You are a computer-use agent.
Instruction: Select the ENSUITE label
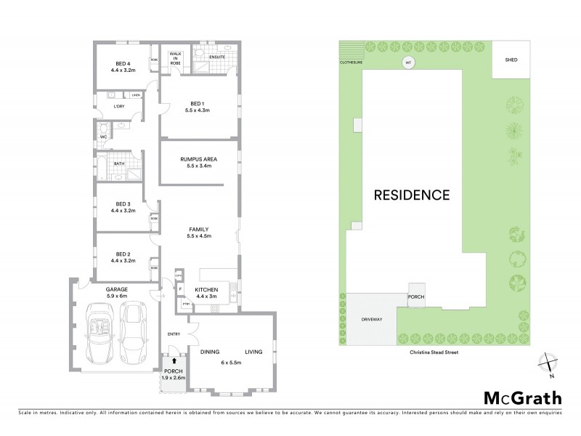pyautogui.click(x=217, y=56)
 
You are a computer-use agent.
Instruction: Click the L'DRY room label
pyautogui.click(x=120, y=107)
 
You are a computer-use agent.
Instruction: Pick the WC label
pyautogui.click(x=103, y=137)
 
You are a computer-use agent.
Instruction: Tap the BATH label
pyautogui.click(x=118, y=163)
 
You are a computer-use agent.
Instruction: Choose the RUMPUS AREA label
pyautogui.click(x=199, y=158)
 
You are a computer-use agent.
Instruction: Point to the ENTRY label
pyautogui.click(x=174, y=334)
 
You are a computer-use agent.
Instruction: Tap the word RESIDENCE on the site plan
pyautogui.click(x=412, y=195)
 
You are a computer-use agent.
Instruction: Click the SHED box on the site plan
pyautogui.click(x=511, y=59)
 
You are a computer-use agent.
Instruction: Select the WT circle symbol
pyautogui.click(x=408, y=63)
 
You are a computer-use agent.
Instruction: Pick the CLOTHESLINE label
pyautogui.click(x=351, y=62)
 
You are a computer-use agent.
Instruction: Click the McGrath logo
pyautogui.click(x=522, y=397)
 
